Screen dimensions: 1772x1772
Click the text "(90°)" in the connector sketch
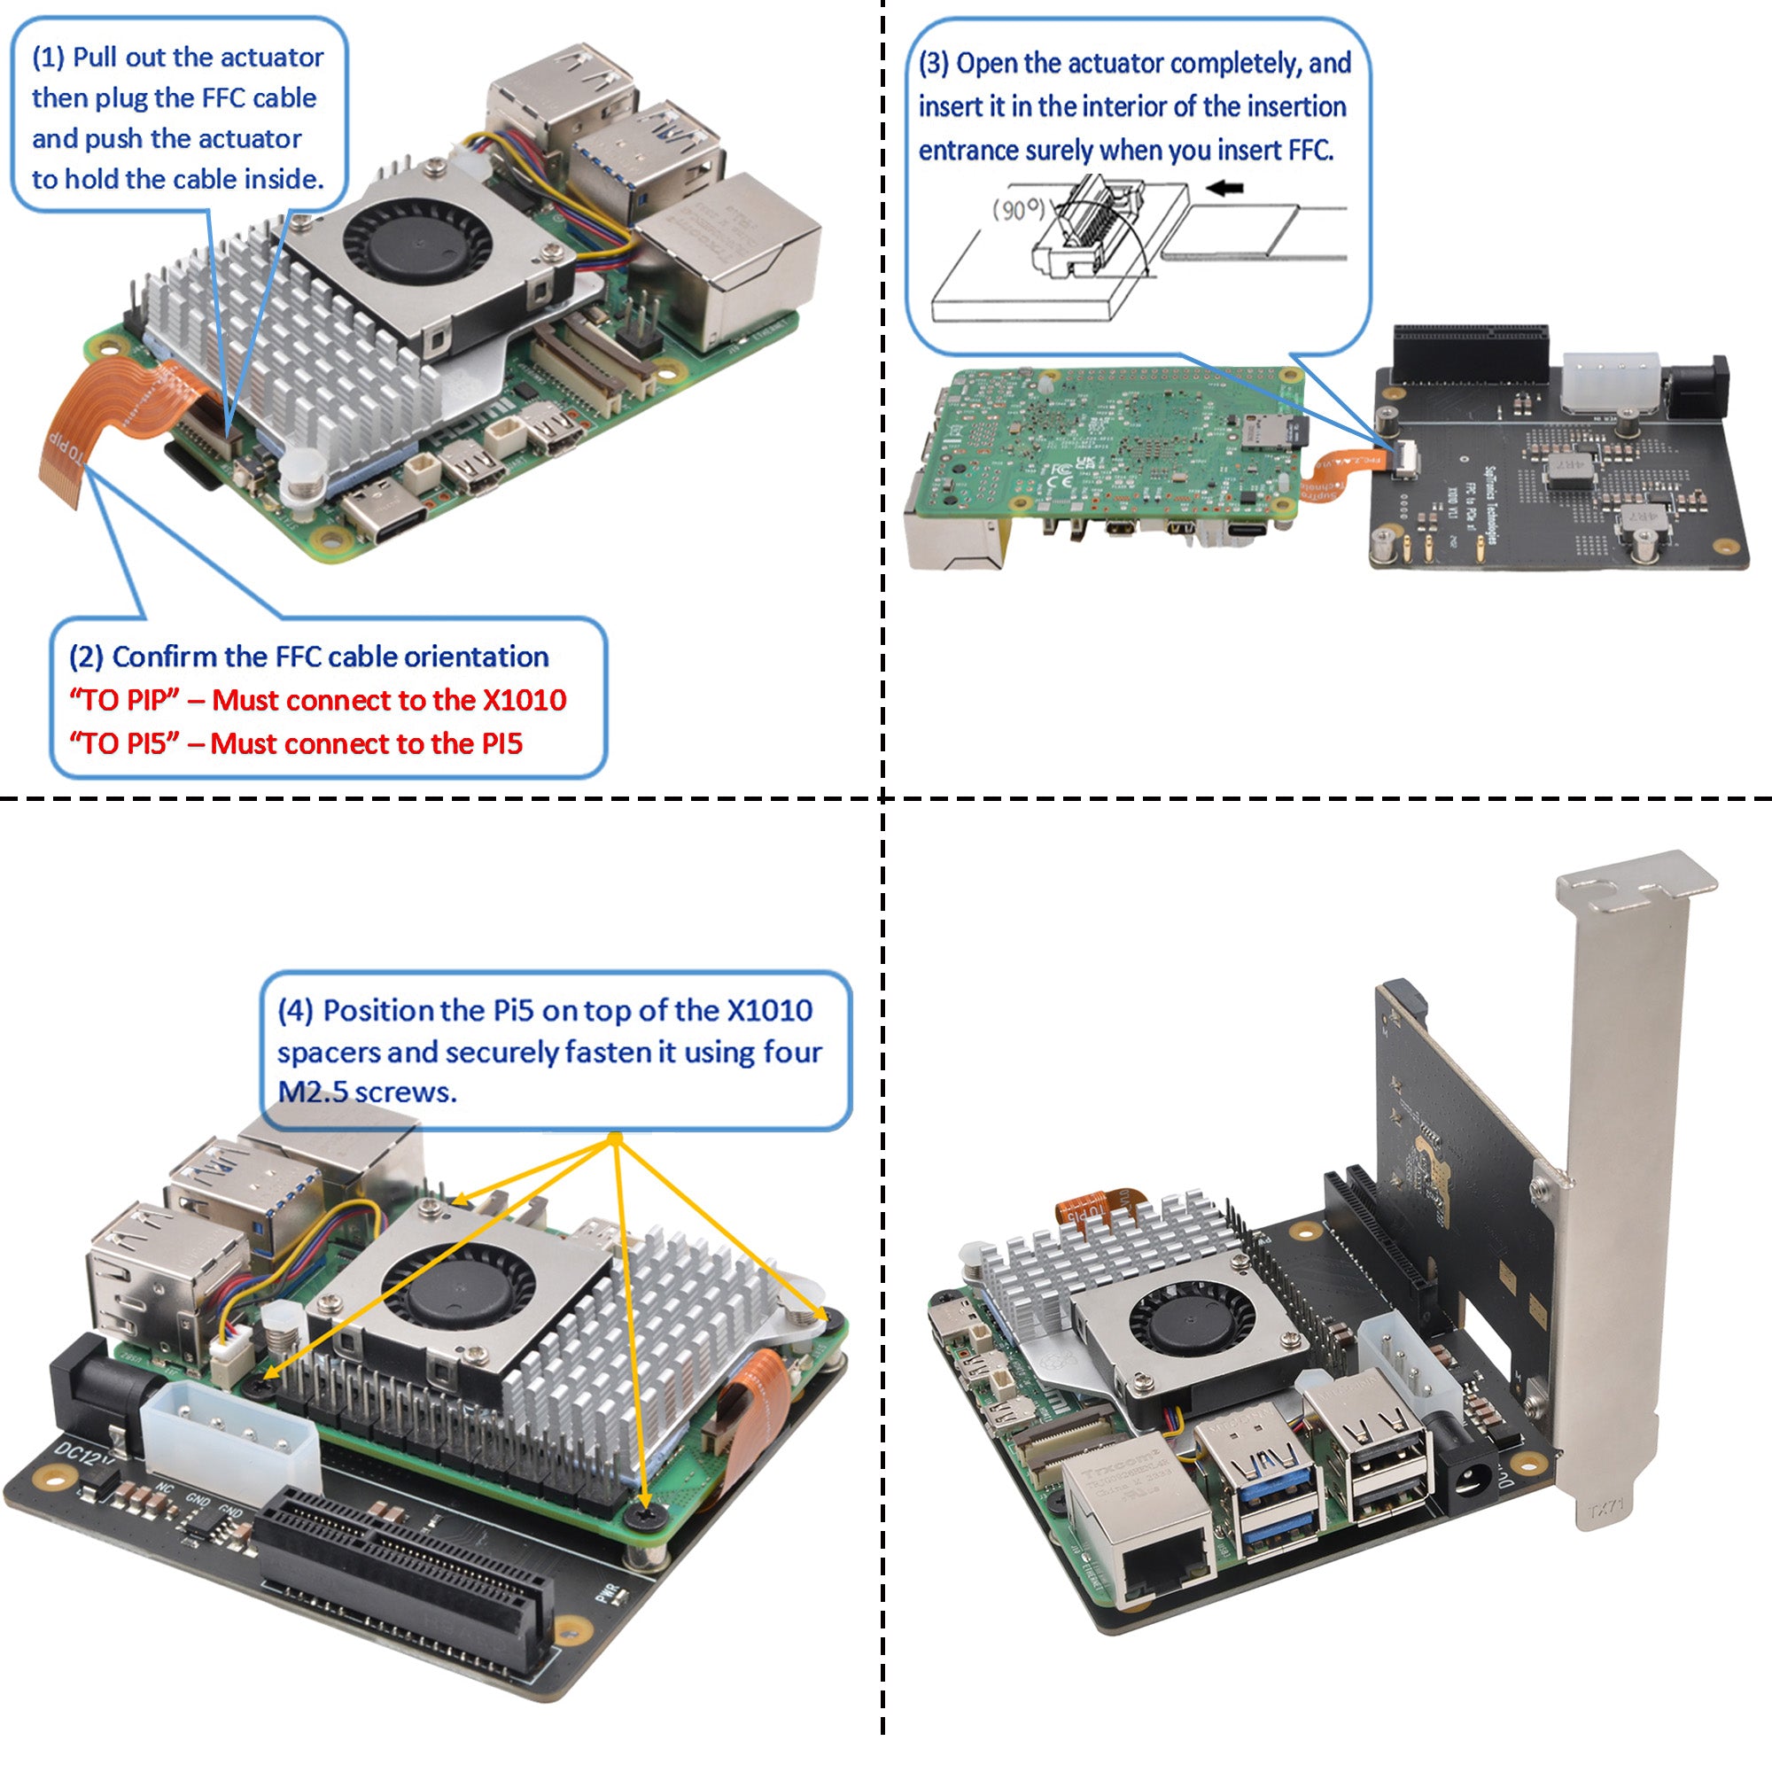[1018, 210]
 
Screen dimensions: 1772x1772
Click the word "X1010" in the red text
[525, 700]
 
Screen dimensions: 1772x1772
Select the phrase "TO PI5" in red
[124, 743]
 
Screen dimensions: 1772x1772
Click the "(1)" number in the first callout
[48, 57]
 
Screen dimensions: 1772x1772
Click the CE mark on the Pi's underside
[1062, 481]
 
